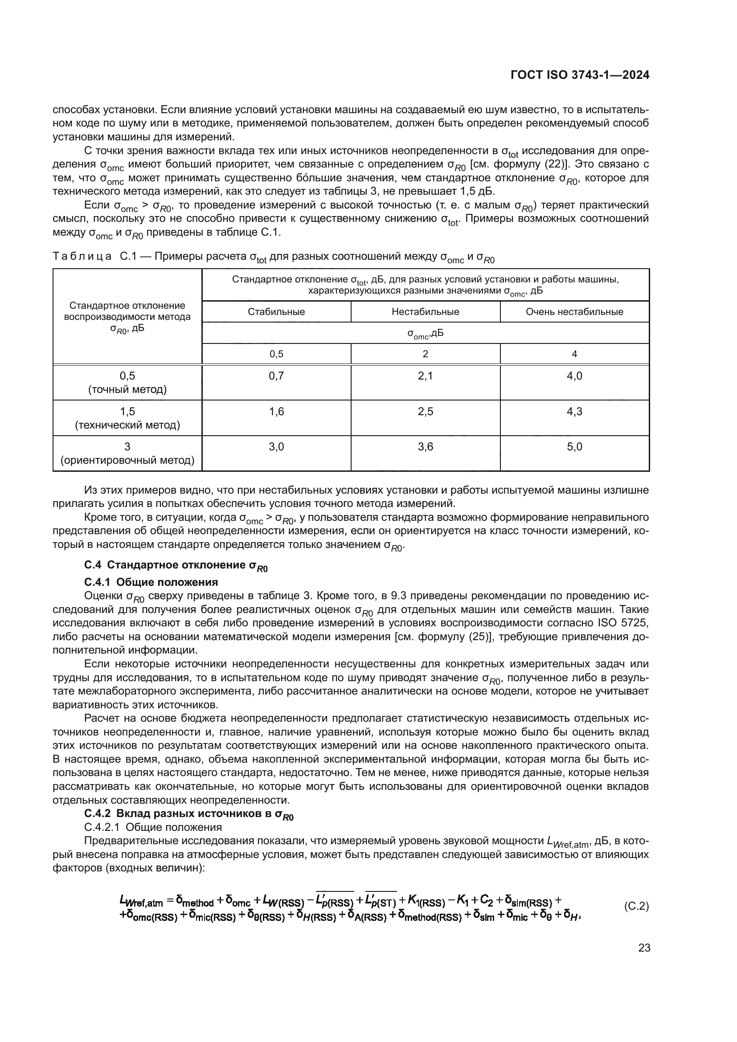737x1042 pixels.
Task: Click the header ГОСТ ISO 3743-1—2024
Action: pyautogui.click(x=580, y=75)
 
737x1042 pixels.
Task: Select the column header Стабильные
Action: pyautogui.click(x=276, y=312)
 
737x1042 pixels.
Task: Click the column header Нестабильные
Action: pyautogui.click(x=425, y=312)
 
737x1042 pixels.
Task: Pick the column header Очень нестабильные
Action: pyautogui.click(x=574, y=312)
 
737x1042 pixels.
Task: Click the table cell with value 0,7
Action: pyautogui.click(x=276, y=376)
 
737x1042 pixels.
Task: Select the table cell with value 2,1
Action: pyautogui.click(x=425, y=376)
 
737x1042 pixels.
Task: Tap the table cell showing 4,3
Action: pyautogui.click(x=574, y=412)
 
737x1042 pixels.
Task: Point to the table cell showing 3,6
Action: pyautogui.click(x=425, y=447)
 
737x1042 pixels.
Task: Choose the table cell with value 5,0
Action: pyautogui.click(x=574, y=447)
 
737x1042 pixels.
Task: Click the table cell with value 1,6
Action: pyautogui.click(x=276, y=412)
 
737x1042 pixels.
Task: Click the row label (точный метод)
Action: pyautogui.click(x=127, y=389)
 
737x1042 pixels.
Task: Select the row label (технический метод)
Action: pyautogui.click(x=127, y=425)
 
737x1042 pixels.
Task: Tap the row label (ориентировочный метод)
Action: pyautogui.click(x=127, y=461)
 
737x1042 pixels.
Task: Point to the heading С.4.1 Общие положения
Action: pyautogui.click(x=151, y=582)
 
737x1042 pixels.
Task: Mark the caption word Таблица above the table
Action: pyautogui.click(x=82, y=257)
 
